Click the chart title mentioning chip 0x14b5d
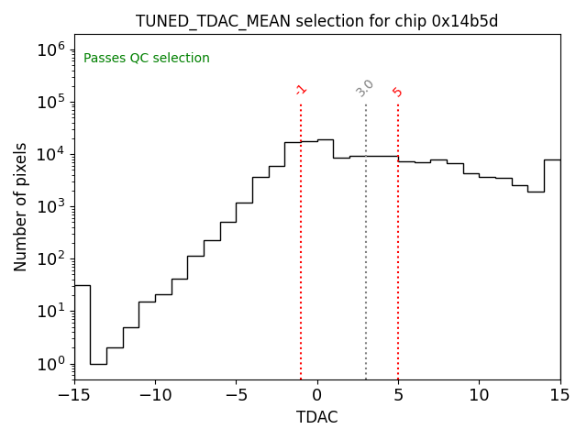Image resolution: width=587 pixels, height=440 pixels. pos(316,21)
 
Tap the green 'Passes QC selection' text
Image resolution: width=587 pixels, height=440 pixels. pos(147,59)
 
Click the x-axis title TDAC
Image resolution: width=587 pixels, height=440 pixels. pos(316,417)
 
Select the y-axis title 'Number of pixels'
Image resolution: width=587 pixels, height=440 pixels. pos(21,207)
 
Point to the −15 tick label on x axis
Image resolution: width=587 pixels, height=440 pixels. pos(74,395)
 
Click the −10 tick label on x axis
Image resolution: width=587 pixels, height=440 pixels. pos(155,395)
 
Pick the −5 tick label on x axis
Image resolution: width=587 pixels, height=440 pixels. pos(236,395)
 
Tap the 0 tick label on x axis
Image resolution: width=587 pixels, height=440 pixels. pos(317,395)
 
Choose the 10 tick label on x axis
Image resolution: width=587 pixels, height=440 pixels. pos(479,395)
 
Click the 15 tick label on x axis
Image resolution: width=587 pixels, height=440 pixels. pos(559,395)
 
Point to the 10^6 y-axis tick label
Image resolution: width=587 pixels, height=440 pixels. pos(50,49)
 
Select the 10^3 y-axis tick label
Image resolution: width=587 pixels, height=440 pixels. pos(50,206)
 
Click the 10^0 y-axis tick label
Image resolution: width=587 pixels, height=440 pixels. pos(50,364)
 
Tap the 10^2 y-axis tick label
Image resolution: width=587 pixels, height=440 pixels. pos(50,258)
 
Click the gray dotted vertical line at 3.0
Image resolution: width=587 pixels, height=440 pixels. pos(366,238)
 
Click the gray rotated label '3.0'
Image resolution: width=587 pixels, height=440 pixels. pos(365,89)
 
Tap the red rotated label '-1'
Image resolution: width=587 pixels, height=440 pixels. pos(301,90)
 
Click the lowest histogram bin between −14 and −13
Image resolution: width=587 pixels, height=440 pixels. pos(98,364)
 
